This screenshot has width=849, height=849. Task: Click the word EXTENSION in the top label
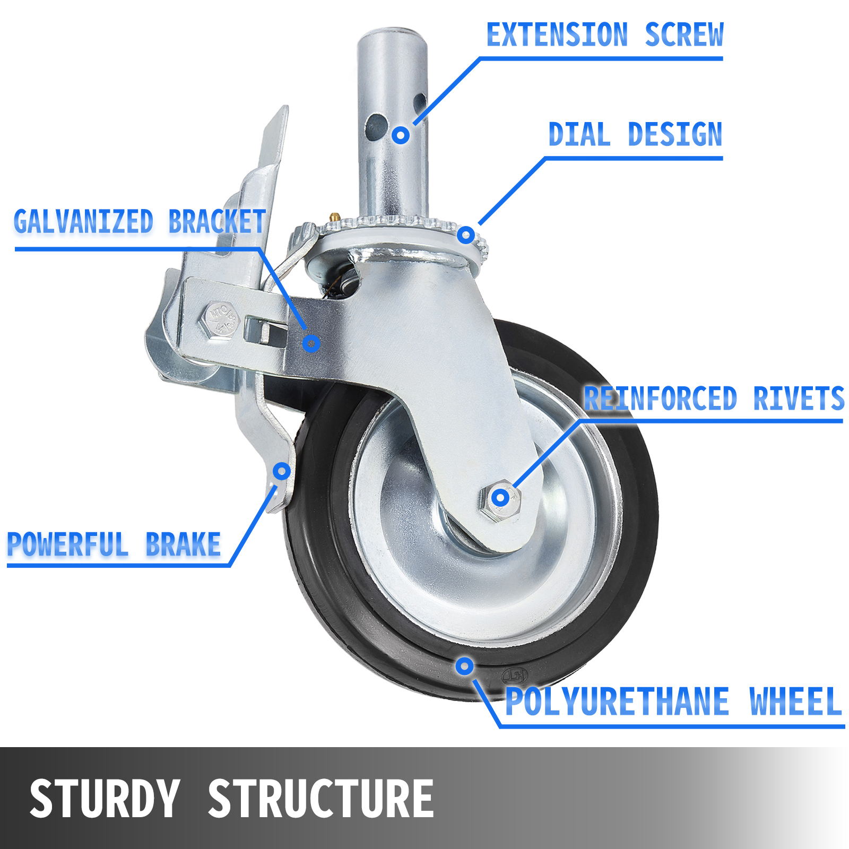[557, 35]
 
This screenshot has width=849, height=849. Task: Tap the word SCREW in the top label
[684, 35]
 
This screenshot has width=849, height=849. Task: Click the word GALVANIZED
[83, 221]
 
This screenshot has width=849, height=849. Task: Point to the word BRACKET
[217, 221]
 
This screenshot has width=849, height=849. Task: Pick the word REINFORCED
[661, 398]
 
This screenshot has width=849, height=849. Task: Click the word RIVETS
[799, 398]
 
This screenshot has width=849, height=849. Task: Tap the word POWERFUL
[67, 544]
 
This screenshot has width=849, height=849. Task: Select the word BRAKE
[183, 544]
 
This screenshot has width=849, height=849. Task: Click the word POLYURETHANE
[617, 701]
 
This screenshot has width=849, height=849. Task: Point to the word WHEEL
[796, 701]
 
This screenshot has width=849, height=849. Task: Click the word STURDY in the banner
[105, 799]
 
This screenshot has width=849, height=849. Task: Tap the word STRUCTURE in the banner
[321, 799]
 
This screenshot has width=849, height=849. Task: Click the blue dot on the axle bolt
[500, 497]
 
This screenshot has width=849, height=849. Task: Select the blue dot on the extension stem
[401, 135]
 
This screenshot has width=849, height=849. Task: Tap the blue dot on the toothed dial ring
[466, 235]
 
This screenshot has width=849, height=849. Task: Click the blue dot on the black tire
[464, 666]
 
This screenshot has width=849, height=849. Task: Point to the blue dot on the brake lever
[282, 471]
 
